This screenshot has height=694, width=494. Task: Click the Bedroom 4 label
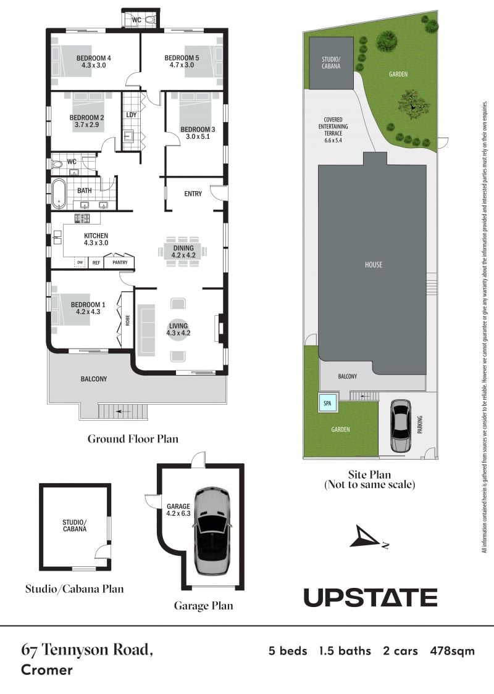[x=93, y=58]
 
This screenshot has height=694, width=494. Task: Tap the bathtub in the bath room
[x=58, y=194]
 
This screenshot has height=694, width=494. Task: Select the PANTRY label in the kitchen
[x=120, y=262]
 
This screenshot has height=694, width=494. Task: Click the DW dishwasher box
[x=80, y=262]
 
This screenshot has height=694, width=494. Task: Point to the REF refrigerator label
[x=96, y=263]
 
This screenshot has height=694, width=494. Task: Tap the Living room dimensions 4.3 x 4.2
[x=178, y=333]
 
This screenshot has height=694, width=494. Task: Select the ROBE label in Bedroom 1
[x=128, y=320]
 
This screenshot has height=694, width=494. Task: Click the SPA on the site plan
[x=327, y=403]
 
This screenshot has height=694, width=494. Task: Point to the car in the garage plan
[x=212, y=531]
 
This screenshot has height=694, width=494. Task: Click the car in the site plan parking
[x=401, y=426]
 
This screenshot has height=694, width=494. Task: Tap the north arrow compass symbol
[x=366, y=537]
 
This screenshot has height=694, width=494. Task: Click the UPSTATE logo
[x=371, y=598]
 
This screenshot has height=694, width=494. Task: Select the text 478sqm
[x=452, y=651]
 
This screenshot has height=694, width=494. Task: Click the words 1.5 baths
[x=345, y=651]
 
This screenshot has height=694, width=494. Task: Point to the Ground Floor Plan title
[x=133, y=439]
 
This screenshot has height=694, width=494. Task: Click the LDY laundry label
[x=132, y=115]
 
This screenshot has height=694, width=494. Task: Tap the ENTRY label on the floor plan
[x=193, y=194]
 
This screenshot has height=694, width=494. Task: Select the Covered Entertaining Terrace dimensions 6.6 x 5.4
[x=333, y=140]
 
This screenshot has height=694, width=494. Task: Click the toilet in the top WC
[x=150, y=20]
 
